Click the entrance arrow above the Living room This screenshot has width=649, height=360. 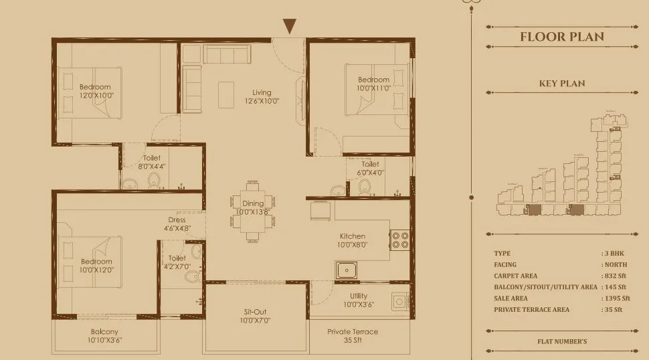pyautogui.click(x=289, y=27)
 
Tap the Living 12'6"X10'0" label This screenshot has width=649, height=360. pyautogui.click(x=262, y=97)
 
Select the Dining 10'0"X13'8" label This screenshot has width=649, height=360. pyautogui.click(x=252, y=207)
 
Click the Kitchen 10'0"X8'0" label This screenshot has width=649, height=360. pyautogui.click(x=352, y=240)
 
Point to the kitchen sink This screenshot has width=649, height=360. pyautogui.click(x=347, y=271)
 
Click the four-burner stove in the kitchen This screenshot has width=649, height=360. pyautogui.click(x=399, y=240)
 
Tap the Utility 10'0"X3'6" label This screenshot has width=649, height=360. pyautogui.click(x=358, y=300)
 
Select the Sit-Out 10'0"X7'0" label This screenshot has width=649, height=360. pyautogui.click(x=256, y=317)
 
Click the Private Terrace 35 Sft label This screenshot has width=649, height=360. pyautogui.click(x=352, y=336)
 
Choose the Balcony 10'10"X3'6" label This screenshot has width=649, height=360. pyautogui.click(x=104, y=336)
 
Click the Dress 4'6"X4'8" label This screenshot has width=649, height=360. pyautogui.click(x=177, y=224)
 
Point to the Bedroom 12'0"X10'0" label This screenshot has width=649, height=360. pyautogui.click(x=95, y=92)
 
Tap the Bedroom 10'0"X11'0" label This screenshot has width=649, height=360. pyautogui.click(x=373, y=84)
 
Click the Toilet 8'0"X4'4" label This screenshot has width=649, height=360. pyautogui.click(x=151, y=163)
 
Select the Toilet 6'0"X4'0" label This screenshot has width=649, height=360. pyautogui.click(x=370, y=168)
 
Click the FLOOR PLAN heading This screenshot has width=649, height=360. pyautogui.click(x=562, y=37)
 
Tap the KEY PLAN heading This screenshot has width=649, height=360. pyautogui.click(x=562, y=84)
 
